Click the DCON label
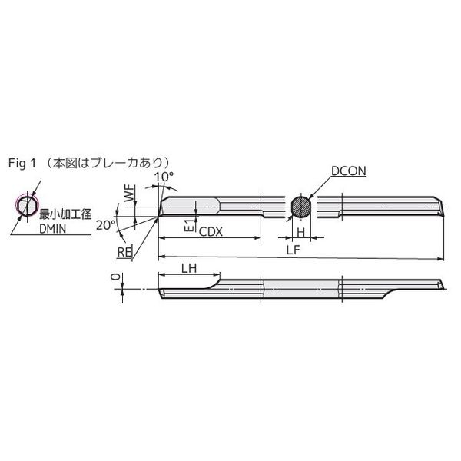click(349, 171)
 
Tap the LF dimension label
click(294, 250)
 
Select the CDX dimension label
click(211, 232)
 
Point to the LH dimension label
click(189, 268)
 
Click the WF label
click(129, 193)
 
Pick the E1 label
click(191, 225)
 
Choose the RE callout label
click(124, 252)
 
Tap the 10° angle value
click(164, 177)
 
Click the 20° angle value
click(106, 225)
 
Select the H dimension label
click(300, 232)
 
